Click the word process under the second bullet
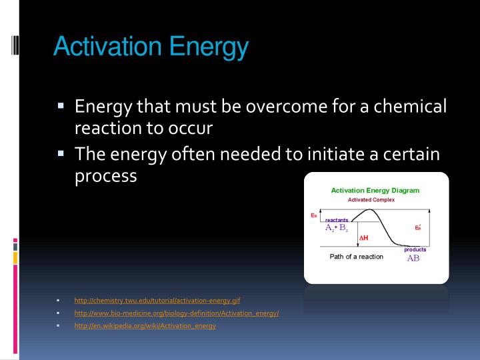pos(106,176)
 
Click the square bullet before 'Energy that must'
pos(60,105)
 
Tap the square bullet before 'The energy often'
pos(60,154)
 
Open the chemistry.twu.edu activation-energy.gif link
pos(153,301)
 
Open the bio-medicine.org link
pos(176,313)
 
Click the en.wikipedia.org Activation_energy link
pos(145,325)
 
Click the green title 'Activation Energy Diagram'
pos(375,191)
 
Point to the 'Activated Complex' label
pos(371,200)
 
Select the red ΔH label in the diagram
pos(363,237)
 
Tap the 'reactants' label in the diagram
pos(336,220)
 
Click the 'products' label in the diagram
pos(415,249)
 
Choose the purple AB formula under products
pos(413,259)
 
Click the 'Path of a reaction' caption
pos(356,257)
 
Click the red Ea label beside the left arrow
pos(314,215)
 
